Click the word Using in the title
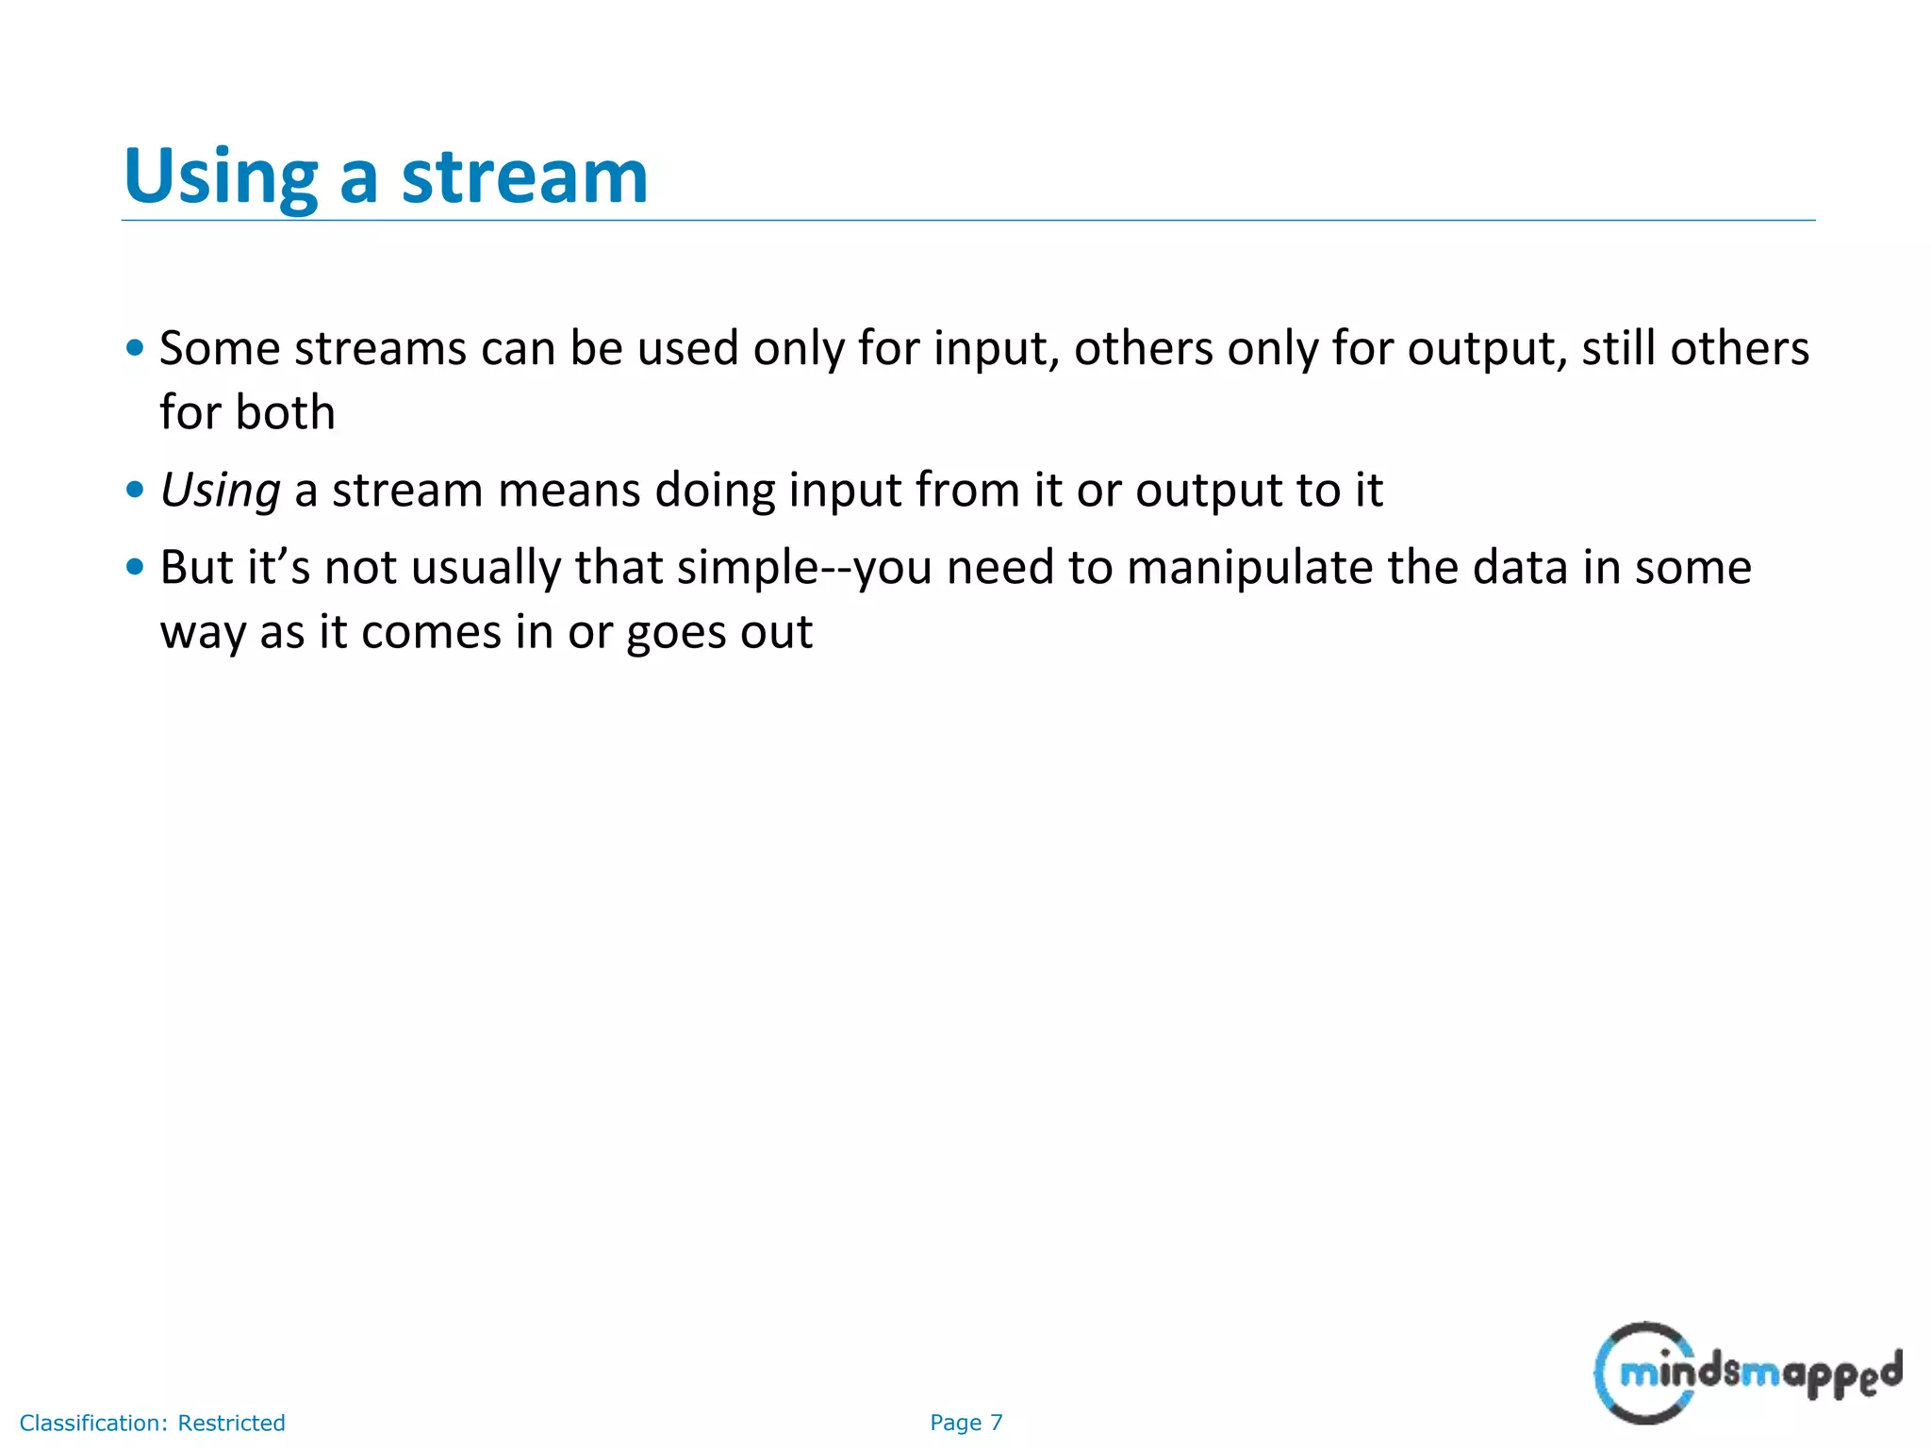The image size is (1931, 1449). click(x=221, y=176)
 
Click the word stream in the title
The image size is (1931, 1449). click(x=524, y=176)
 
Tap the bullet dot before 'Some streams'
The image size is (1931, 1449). click(x=135, y=348)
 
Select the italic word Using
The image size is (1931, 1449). click(x=220, y=491)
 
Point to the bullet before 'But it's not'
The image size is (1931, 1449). click(x=135, y=567)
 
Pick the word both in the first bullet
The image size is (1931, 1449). click(x=285, y=413)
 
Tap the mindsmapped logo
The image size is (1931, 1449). click(x=1747, y=1373)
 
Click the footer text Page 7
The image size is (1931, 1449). click(x=965, y=1423)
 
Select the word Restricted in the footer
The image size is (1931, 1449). click(x=231, y=1423)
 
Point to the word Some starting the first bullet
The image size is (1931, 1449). click(x=220, y=348)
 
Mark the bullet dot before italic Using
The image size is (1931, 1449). click(x=135, y=490)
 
